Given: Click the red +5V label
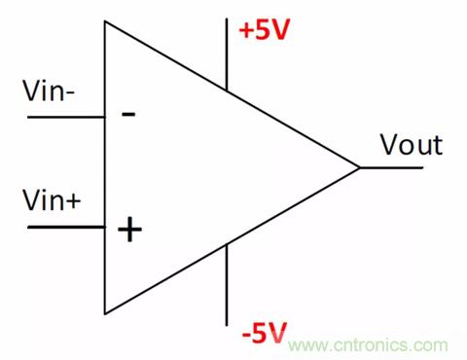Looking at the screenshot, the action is point(264,29).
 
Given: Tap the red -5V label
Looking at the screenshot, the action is point(265,333).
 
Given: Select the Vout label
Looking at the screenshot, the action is point(412,145).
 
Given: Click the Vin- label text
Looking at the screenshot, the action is point(49,90).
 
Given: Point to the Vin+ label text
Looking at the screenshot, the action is point(52,200).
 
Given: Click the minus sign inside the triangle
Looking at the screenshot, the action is point(128,114).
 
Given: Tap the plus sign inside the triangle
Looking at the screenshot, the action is point(129,230).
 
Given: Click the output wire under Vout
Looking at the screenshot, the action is point(391,167).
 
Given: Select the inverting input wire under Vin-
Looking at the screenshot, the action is point(66,117).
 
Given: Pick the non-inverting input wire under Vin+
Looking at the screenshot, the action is point(66,227).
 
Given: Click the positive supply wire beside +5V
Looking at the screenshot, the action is point(227,54).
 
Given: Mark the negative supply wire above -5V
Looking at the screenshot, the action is point(227,285).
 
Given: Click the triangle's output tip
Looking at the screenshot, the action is point(360,167).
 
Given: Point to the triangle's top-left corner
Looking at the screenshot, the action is point(104,21).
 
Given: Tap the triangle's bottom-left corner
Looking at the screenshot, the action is point(104,314).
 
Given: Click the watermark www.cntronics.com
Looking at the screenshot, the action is point(368,345).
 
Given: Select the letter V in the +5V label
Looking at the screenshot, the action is point(279,30).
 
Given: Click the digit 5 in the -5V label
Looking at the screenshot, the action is point(260,334).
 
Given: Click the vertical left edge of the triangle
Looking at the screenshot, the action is point(104,167).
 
